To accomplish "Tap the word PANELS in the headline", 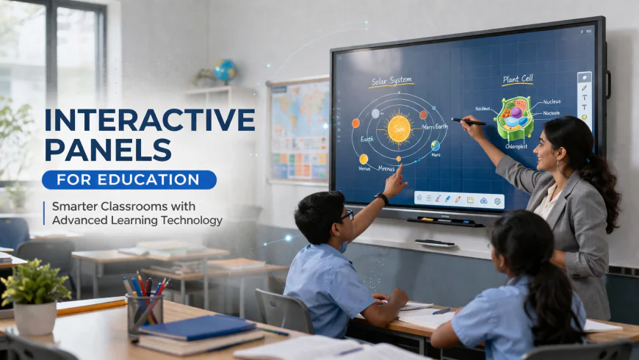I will pos(108,150).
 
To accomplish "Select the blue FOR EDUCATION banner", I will pos(129,180).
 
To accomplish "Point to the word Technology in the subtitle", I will pos(187,220).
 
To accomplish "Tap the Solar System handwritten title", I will pos(392,81).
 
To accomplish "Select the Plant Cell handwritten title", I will pos(517,79).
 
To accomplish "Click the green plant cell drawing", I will pos(516,118).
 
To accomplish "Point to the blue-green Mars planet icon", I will pos(436,145).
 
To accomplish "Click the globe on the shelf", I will pos(224,71).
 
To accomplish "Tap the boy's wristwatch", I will pos(381,198).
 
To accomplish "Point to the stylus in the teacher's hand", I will pos(467,120).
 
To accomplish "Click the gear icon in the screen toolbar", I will pos(497,201).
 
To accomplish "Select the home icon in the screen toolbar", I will pos(419,198).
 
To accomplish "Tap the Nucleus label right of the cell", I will pos(553,102).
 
